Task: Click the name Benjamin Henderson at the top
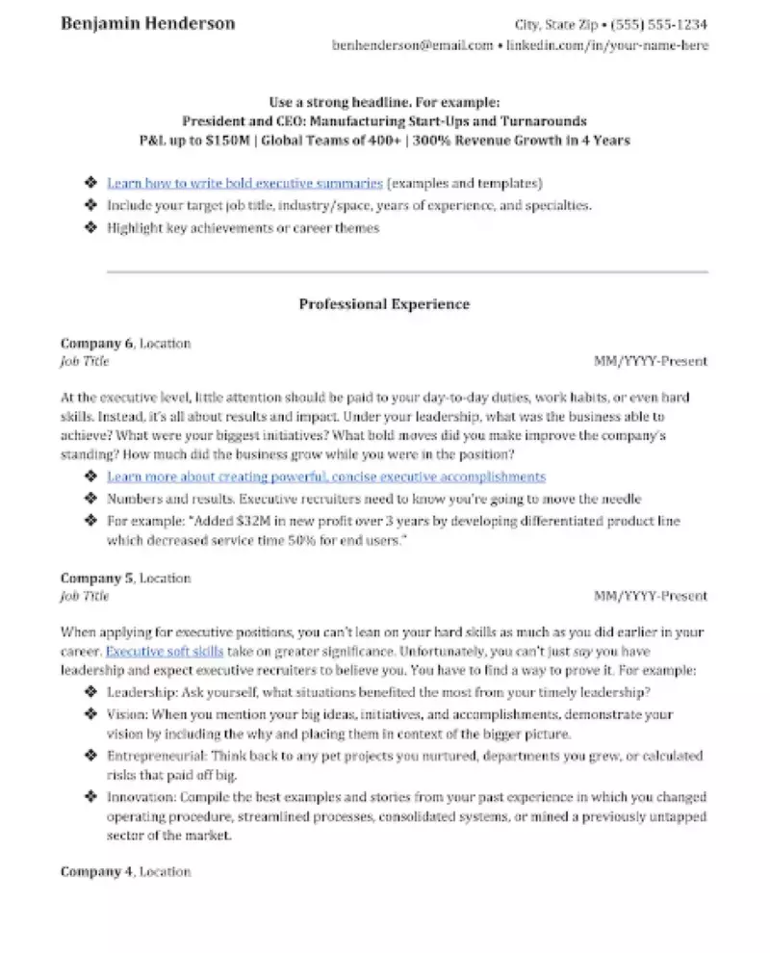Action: click(x=147, y=23)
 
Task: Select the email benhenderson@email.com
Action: click(x=412, y=45)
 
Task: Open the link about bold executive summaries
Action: click(x=245, y=182)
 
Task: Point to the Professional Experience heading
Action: click(x=384, y=304)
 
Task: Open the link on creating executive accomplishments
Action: click(x=326, y=476)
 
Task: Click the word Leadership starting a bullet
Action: click(x=139, y=693)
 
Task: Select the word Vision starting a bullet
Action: click(x=125, y=715)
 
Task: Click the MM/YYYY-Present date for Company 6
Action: click(x=651, y=361)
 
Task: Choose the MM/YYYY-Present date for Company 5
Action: click(x=651, y=596)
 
